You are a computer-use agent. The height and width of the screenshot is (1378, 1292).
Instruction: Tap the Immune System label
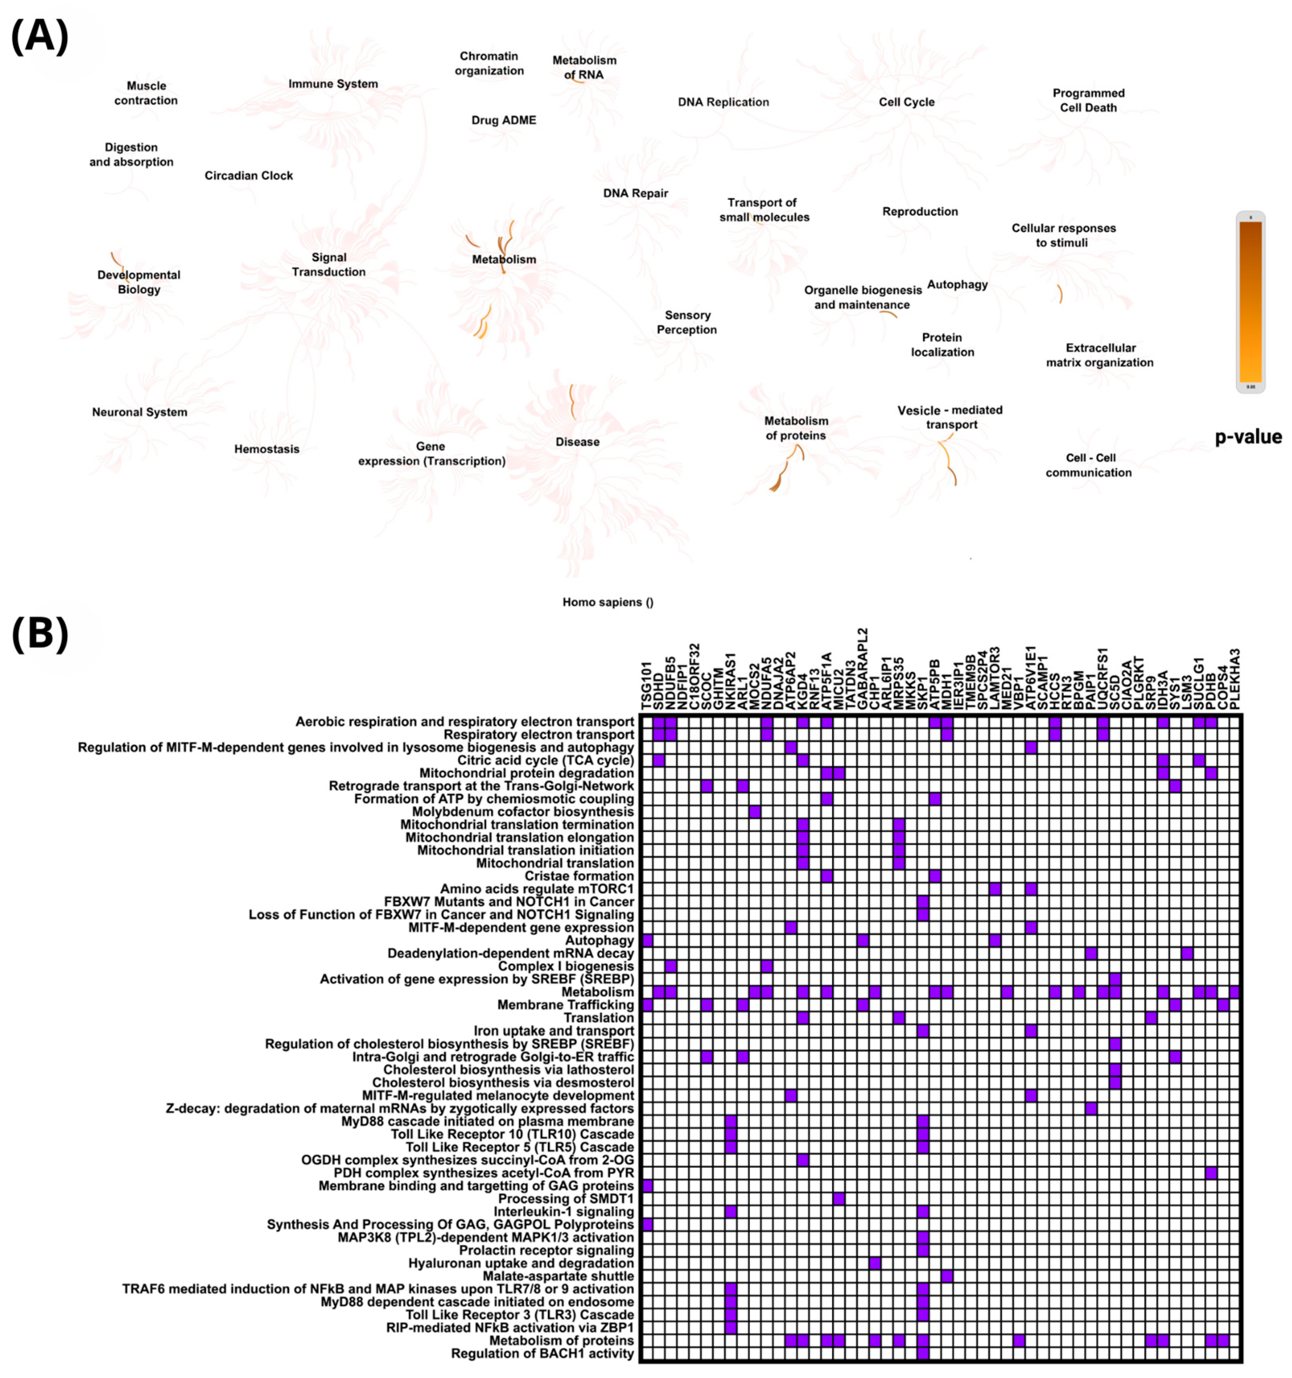point(333,84)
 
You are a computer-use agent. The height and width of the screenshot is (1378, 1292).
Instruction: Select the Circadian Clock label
point(248,175)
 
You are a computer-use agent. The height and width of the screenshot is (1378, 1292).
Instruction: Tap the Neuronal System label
point(139,412)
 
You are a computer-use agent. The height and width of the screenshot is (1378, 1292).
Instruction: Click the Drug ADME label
point(503,120)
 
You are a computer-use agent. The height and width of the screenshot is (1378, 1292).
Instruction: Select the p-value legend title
point(1248,437)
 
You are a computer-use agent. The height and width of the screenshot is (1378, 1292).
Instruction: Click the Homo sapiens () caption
point(607,602)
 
